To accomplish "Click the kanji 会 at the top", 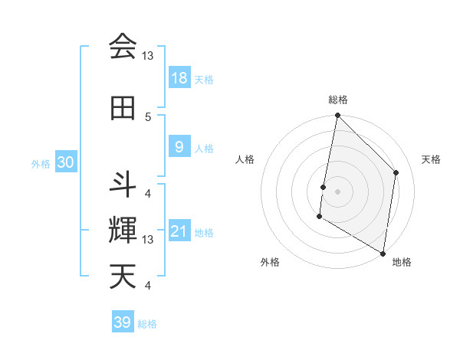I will (x=123, y=47).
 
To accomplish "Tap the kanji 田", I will (x=123, y=108).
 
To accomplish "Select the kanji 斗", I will (x=123, y=185).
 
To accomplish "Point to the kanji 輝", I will (x=123, y=231).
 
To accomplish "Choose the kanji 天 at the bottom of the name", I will (x=123, y=277).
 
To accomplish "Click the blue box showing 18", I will (x=179, y=78).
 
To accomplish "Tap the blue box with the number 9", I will (x=179, y=146).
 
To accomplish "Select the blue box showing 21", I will (x=179, y=231).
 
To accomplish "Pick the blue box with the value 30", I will (x=65, y=163).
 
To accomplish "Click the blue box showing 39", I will (x=123, y=322).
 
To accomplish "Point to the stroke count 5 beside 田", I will (x=148, y=116).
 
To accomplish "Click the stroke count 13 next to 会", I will (x=148, y=56).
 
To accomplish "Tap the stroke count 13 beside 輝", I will (x=148, y=240).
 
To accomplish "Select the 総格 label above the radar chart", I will (x=337, y=100).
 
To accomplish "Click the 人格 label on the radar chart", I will (x=245, y=159).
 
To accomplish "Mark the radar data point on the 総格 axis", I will (x=337, y=116).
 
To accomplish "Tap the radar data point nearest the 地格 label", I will (x=383, y=252).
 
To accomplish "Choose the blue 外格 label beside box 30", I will (x=40, y=164).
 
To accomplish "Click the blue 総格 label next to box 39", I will (x=147, y=324).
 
